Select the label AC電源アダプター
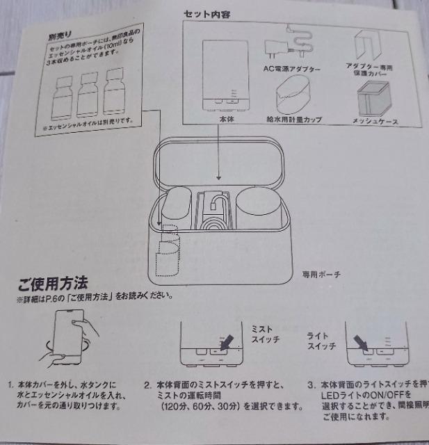pos(290,70)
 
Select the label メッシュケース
pos(375,122)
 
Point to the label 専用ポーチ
pos(321,273)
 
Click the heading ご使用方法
pos(52,284)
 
